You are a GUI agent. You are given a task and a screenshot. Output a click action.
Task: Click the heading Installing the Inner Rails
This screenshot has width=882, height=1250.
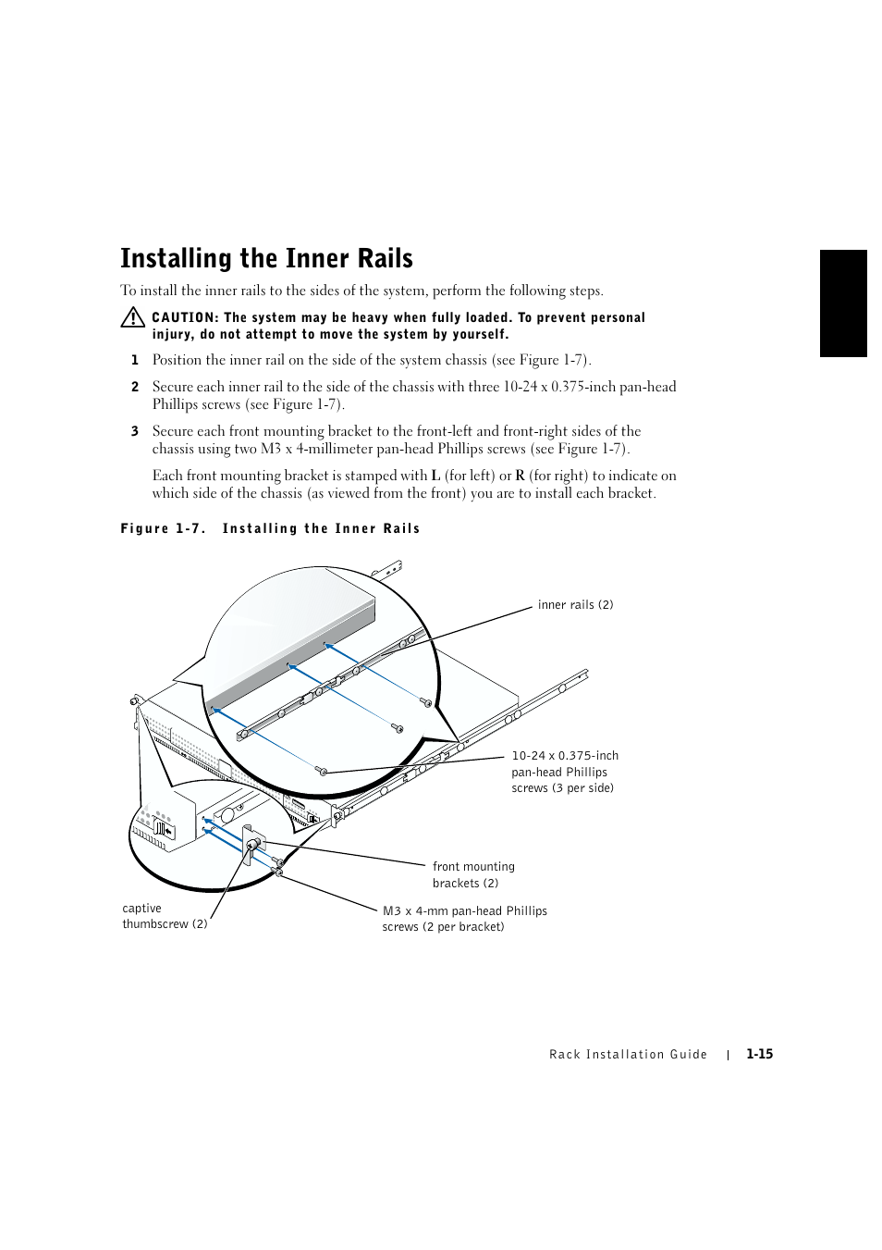tap(266, 258)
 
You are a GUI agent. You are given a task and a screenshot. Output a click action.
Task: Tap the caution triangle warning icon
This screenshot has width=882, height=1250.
tap(132, 317)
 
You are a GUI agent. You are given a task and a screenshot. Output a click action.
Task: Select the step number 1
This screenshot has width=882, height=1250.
tap(135, 361)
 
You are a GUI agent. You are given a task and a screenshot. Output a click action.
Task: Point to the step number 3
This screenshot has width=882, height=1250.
tap(135, 432)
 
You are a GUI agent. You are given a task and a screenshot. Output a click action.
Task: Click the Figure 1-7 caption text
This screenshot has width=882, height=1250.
tap(270, 529)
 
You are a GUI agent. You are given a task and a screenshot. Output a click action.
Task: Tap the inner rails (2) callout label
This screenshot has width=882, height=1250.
tap(575, 605)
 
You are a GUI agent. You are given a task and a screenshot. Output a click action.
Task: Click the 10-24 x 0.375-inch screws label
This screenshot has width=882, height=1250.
tap(564, 772)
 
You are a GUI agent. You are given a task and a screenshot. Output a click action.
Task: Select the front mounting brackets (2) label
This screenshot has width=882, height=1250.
tap(472, 874)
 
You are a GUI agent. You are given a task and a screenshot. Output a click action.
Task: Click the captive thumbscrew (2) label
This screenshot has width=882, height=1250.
tap(165, 916)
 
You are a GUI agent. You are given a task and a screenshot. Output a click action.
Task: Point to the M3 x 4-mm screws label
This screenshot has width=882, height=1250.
tap(464, 919)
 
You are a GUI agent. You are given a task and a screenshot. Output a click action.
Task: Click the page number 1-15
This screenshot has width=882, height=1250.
tap(759, 1054)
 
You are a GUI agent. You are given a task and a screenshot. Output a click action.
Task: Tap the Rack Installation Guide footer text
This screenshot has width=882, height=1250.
tap(628, 1055)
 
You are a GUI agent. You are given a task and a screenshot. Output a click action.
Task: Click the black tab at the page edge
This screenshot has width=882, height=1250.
tap(843, 303)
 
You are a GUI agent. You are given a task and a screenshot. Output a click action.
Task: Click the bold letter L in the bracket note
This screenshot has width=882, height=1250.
tap(435, 476)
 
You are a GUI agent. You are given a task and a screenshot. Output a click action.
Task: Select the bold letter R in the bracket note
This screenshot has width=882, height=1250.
tap(520, 476)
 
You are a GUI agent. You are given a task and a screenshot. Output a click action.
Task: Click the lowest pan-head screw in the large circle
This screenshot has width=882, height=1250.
tap(322, 770)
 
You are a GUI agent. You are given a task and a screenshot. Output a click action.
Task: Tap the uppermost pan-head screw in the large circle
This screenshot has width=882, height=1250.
tap(425, 702)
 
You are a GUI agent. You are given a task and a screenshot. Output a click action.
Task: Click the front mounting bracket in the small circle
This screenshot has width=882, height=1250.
tap(253, 844)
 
